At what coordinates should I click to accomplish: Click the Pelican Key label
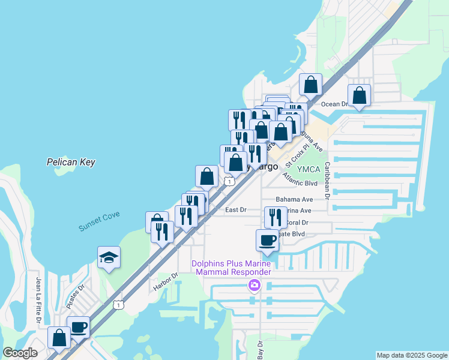(x=71, y=162)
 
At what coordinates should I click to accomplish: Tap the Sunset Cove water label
(x=99, y=221)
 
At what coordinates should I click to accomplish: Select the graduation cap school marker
(x=109, y=257)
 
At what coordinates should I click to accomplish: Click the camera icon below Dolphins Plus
(x=255, y=284)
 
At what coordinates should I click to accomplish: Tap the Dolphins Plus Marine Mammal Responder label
(x=231, y=268)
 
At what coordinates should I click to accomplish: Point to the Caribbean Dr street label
(x=328, y=180)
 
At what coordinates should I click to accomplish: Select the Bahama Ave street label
(x=294, y=199)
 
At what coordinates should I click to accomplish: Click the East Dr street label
(x=235, y=209)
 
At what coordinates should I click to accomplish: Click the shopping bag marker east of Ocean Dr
(x=359, y=95)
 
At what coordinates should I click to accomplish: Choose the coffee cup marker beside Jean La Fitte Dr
(x=78, y=328)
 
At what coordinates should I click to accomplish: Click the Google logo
(x=20, y=353)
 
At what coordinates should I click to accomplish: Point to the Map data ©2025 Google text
(x=411, y=355)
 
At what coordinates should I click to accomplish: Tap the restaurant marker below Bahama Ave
(x=276, y=217)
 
